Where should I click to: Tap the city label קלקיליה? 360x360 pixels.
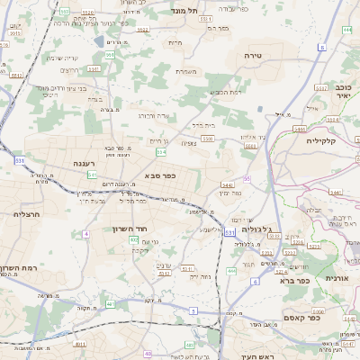(x=320, y=140)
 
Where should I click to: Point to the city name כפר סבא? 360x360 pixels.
(x=159, y=176)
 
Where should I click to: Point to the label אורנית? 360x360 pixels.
(x=337, y=279)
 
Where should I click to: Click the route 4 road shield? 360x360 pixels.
(x=86, y=233)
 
